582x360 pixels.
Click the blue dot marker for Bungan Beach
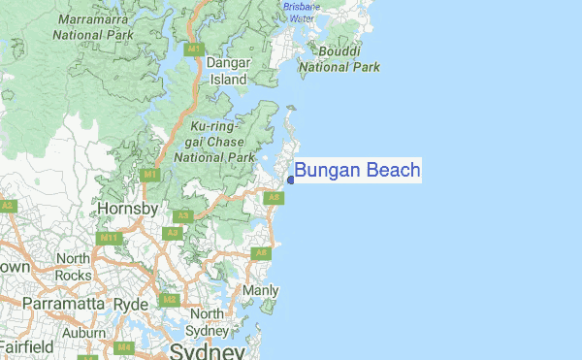(291, 180)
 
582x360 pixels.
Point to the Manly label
(260, 290)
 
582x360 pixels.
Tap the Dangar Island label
(230, 71)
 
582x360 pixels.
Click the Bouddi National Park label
(339, 59)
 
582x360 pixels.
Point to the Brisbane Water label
(301, 12)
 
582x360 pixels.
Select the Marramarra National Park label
(98, 27)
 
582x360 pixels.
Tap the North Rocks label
(73, 266)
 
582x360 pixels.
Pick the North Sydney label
(207, 321)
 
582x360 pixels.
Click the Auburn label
(83, 333)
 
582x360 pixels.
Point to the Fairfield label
(26, 345)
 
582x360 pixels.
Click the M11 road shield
(108, 237)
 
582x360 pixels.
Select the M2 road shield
(169, 300)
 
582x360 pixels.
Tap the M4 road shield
(123, 346)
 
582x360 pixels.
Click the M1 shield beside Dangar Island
(194, 48)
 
